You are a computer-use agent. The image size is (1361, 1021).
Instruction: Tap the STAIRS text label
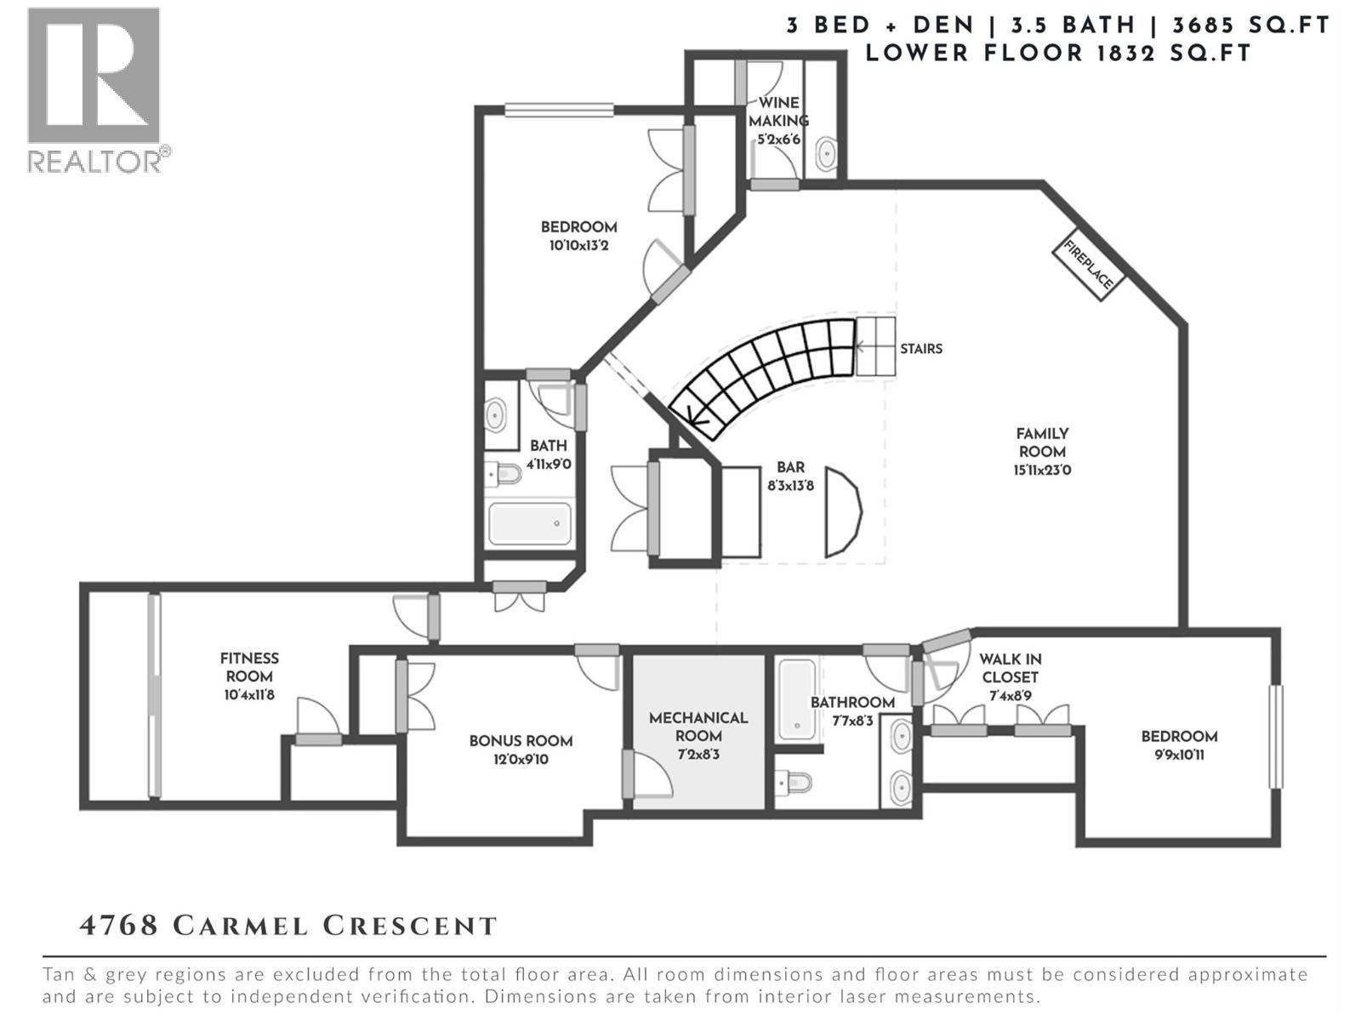click(x=921, y=349)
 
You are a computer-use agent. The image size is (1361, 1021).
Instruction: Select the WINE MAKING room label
click(x=777, y=111)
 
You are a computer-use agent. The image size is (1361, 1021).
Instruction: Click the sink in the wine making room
click(x=824, y=154)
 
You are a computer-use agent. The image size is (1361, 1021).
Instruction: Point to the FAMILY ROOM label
click(x=1042, y=442)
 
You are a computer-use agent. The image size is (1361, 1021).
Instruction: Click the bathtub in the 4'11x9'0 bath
click(x=529, y=523)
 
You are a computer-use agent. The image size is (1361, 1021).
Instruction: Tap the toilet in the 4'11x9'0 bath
click(x=504, y=474)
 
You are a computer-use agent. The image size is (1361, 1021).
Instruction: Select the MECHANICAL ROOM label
click(x=698, y=727)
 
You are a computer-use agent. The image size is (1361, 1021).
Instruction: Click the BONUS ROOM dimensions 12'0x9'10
click(x=521, y=759)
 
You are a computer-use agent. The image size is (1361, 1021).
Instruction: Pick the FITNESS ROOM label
click(x=249, y=667)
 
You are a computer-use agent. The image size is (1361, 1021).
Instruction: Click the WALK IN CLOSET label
click(x=1010, y=668)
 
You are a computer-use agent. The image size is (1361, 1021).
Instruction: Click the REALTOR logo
click(x=95, y=89)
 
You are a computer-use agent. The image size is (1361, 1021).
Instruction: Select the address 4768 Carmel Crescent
click(x=288, y=926)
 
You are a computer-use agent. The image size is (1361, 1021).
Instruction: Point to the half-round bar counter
click(x=842, y=512)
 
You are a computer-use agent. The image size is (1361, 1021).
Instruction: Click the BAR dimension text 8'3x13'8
click(x=790, y=486)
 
